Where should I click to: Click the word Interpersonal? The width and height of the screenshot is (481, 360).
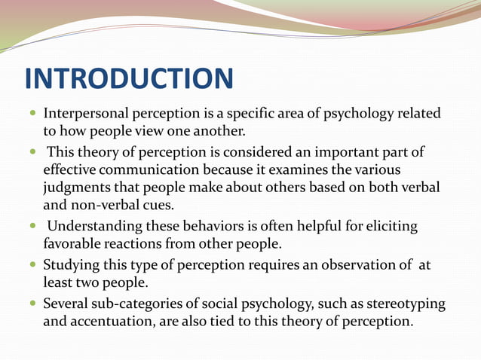[87, 114]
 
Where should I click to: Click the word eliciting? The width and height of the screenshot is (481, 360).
[387, 227]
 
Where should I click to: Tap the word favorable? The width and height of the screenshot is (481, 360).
[76, 244]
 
